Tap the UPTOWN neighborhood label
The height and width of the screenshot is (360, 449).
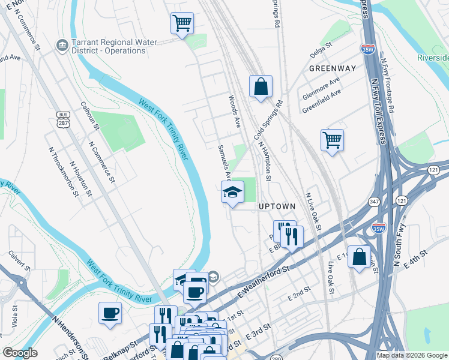(x=277, y=206)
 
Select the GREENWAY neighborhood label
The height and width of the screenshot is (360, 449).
(x=329, y=68)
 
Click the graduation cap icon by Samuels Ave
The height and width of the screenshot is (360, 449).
(x=232, y=193)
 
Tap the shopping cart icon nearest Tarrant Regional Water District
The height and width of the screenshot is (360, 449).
(x=182, y=24)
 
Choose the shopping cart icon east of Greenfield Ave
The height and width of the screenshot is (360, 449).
(x=332, y=140)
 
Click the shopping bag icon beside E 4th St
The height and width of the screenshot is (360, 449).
(x=359, y=257)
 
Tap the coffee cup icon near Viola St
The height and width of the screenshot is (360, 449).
(x=110, y=313)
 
